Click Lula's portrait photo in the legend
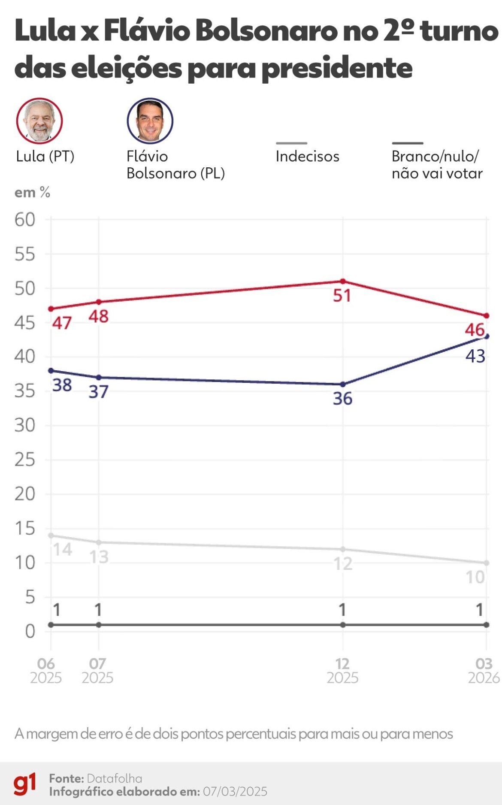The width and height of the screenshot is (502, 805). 39,121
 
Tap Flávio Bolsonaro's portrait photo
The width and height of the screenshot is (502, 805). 150,121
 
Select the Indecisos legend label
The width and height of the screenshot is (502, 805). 307,156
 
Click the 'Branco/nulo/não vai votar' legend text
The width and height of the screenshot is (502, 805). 436,165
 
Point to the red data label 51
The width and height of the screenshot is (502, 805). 342,296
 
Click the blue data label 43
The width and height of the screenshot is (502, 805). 475,356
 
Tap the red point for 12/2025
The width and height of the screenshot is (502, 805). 343,281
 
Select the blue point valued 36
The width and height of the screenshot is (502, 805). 343,384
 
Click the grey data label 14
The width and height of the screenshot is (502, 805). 62,549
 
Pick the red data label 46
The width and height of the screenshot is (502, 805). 475,330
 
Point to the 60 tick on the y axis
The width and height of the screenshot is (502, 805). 25,220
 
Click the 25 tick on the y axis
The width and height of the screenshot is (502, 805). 25,460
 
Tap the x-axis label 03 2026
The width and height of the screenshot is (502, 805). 484,671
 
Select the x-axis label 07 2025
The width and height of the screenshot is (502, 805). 97,671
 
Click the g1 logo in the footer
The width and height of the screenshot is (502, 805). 24,784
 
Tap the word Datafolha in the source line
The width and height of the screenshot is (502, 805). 114,778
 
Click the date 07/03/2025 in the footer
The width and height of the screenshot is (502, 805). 235,791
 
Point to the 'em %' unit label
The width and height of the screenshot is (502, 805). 32,193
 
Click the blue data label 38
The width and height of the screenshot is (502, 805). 62,385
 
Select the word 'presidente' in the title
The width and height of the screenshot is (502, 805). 337,68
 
